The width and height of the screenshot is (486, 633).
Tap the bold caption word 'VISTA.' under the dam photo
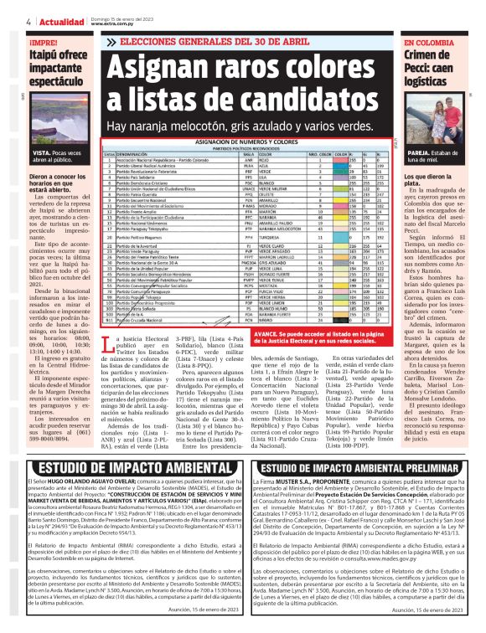pyautogui.click(x=42, y=155)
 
